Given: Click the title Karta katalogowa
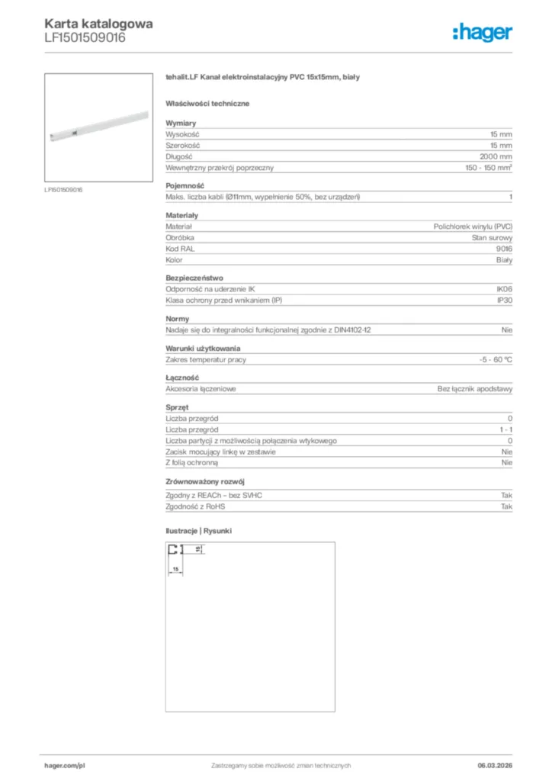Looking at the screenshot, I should pos(98,24).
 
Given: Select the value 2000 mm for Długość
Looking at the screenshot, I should pos(496,156).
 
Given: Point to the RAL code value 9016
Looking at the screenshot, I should pos(504,249).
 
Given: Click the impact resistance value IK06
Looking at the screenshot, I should pos(504,290).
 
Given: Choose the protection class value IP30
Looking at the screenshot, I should pos(504,301).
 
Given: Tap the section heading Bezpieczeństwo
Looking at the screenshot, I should pos(194,278).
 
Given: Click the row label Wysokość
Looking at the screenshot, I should pos(182,133).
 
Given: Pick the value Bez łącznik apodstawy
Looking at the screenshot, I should pos(475,389).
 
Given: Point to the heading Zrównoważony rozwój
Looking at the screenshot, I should pos(204,482).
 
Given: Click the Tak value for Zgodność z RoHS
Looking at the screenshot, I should pos(506,506).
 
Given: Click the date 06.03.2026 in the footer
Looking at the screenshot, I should pos(489,766).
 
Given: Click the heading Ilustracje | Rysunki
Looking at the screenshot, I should pos(198,530).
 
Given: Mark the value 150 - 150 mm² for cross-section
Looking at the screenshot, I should pos(489,167).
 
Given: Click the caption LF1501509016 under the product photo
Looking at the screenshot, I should pos(63,189).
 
